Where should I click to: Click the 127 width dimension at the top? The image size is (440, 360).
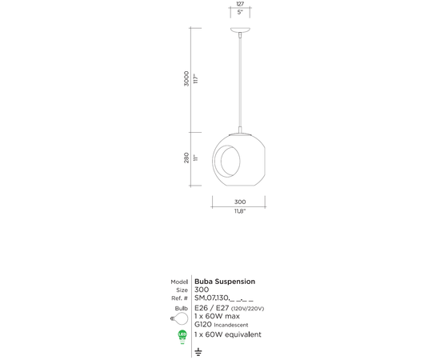[x=239, y=4]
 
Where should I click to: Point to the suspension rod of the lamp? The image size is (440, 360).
[x=239, y=80]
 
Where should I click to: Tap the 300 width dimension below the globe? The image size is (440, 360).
[x=239, y=202]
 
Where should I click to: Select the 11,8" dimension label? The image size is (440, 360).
[x=239, y=212]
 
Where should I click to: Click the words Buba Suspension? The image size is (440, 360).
[x=225, y=282]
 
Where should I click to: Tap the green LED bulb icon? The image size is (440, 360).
[x=182, y=336]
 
